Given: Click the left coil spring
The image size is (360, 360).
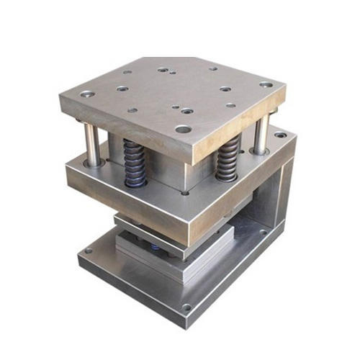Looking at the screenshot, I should tap(133, 162).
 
